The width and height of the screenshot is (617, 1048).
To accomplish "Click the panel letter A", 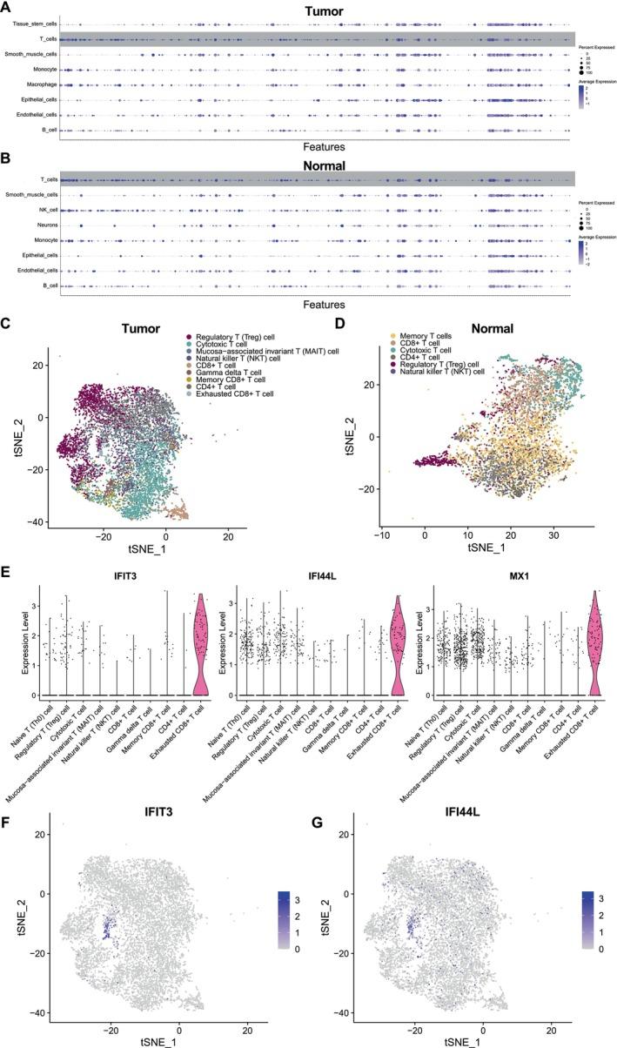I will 6,7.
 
